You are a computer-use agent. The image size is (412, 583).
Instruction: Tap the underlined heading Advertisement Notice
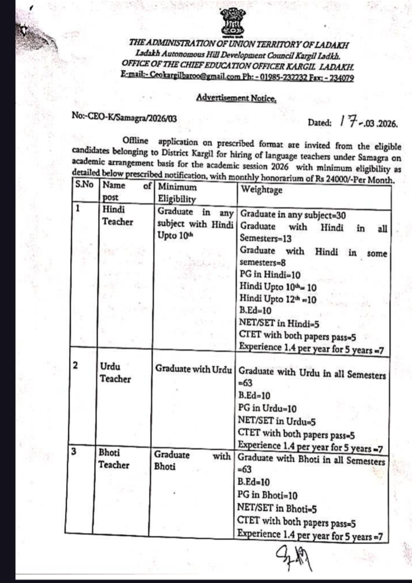(236, 97)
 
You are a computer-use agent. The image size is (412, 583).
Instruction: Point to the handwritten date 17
(347, 121)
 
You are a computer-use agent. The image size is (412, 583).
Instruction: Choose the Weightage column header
(261, 190)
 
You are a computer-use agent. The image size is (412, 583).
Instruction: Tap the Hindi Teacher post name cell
(116, 215)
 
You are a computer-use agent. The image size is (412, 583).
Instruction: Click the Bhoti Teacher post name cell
(114, 459)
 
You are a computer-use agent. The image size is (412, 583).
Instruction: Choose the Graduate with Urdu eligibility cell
(193, 368)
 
